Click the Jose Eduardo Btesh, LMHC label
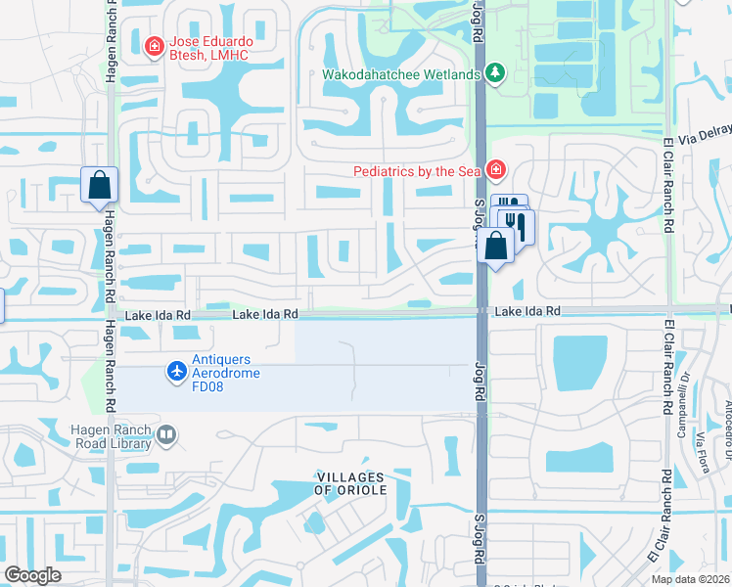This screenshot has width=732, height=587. (209, 48)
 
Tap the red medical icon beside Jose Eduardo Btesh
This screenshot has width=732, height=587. (154, 46)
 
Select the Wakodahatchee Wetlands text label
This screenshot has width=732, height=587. (402, 74)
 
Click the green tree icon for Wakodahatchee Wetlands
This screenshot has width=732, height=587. (495, 74)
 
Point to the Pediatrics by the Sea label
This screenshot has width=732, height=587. (418, 171)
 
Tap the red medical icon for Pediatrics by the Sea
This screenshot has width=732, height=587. (496, 171)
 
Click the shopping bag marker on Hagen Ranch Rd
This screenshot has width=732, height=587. (100, 185)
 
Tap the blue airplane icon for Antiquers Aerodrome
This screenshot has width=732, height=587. (176, 371)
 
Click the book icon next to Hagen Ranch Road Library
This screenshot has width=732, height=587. (166, 435)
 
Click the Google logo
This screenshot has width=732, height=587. (32, 575)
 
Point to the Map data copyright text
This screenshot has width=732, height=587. (691, 579)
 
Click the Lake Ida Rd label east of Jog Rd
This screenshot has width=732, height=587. (526, 310)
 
